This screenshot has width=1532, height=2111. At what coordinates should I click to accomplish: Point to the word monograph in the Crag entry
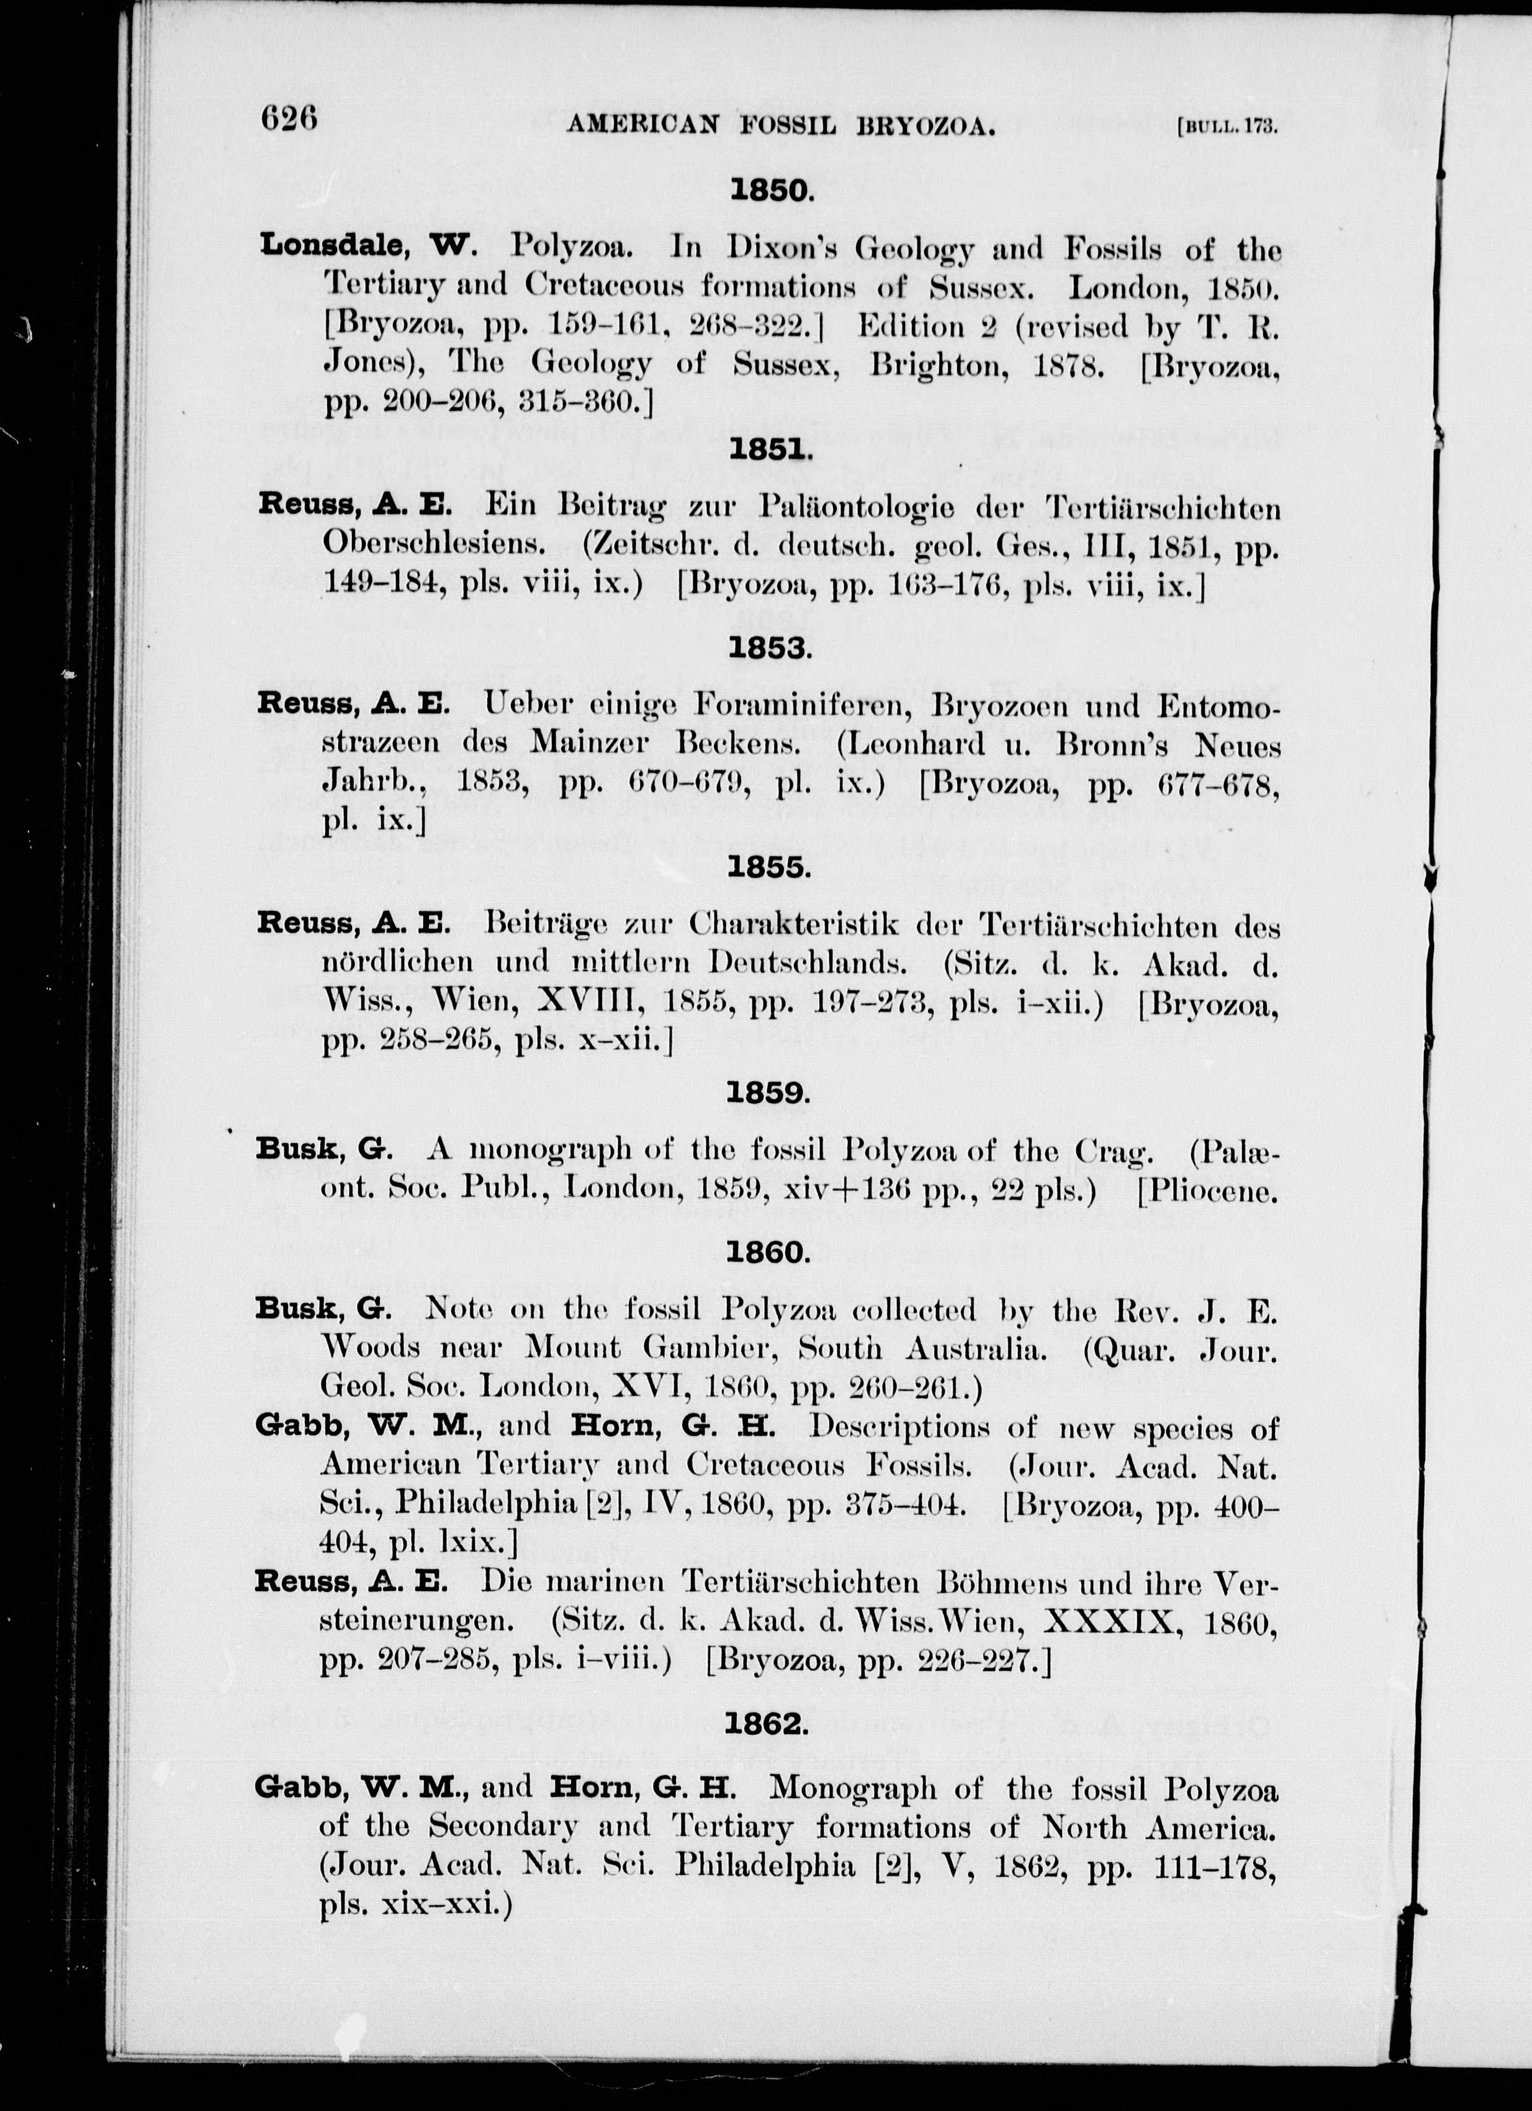pos(551,1152)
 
